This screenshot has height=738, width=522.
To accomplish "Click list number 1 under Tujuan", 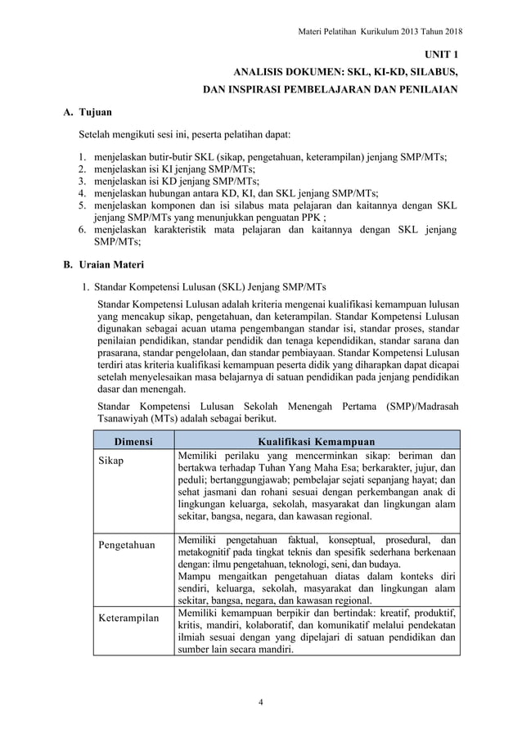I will [x=82, y=158].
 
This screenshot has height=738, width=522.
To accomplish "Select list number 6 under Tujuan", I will [x=82, y=230].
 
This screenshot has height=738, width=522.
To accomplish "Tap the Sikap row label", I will [x=111, y=461].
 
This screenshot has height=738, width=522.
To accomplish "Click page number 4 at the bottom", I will [x=260, y=700].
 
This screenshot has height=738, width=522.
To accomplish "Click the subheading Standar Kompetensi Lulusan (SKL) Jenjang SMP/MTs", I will [x=209, y=287].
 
